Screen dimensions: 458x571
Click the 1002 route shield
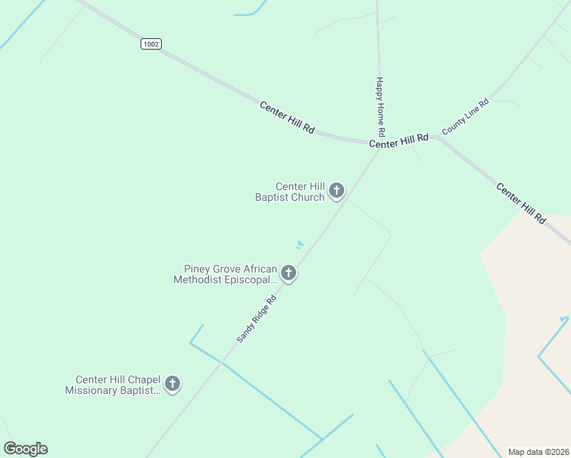151,44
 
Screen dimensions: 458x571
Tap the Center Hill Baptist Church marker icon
336,190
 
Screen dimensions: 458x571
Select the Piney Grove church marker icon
288,273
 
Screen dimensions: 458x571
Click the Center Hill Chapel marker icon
173,383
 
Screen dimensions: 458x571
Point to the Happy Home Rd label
379,101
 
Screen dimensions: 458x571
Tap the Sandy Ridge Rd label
256,318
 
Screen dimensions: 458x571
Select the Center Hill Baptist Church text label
290,192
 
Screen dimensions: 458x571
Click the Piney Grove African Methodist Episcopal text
226,274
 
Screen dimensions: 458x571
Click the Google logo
25,449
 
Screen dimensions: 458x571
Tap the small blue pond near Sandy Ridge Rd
300,245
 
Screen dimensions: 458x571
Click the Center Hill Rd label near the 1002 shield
287,118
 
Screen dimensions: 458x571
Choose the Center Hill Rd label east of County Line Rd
521,202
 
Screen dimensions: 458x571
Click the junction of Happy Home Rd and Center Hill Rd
379,144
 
